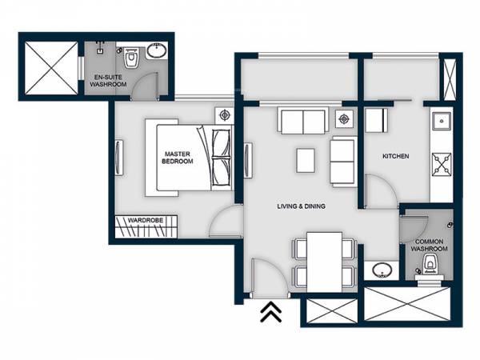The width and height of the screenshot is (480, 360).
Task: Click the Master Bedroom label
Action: [x=178, y=157]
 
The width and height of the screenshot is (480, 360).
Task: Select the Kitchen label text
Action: [x=395, y=157]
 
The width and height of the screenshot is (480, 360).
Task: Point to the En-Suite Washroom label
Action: [x=109, y=80]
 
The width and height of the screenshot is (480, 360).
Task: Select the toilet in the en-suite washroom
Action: [x=132, y=58]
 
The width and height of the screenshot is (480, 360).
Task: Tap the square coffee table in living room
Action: [x=305, y=160]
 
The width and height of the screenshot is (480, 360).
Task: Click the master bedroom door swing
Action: [x=226, y=222]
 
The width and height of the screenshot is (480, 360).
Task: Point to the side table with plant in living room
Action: [x=345, y=120]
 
